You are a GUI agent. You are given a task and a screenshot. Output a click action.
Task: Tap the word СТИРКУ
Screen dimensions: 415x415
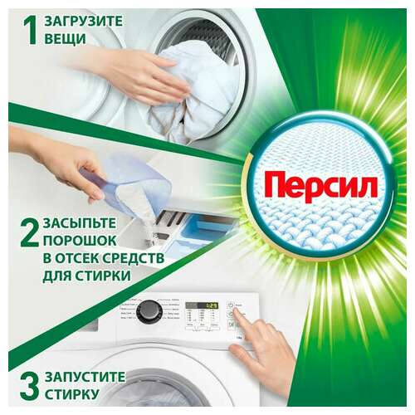[x=79, y=397]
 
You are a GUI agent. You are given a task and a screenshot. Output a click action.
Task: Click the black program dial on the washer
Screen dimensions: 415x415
[x=149, y=312]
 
